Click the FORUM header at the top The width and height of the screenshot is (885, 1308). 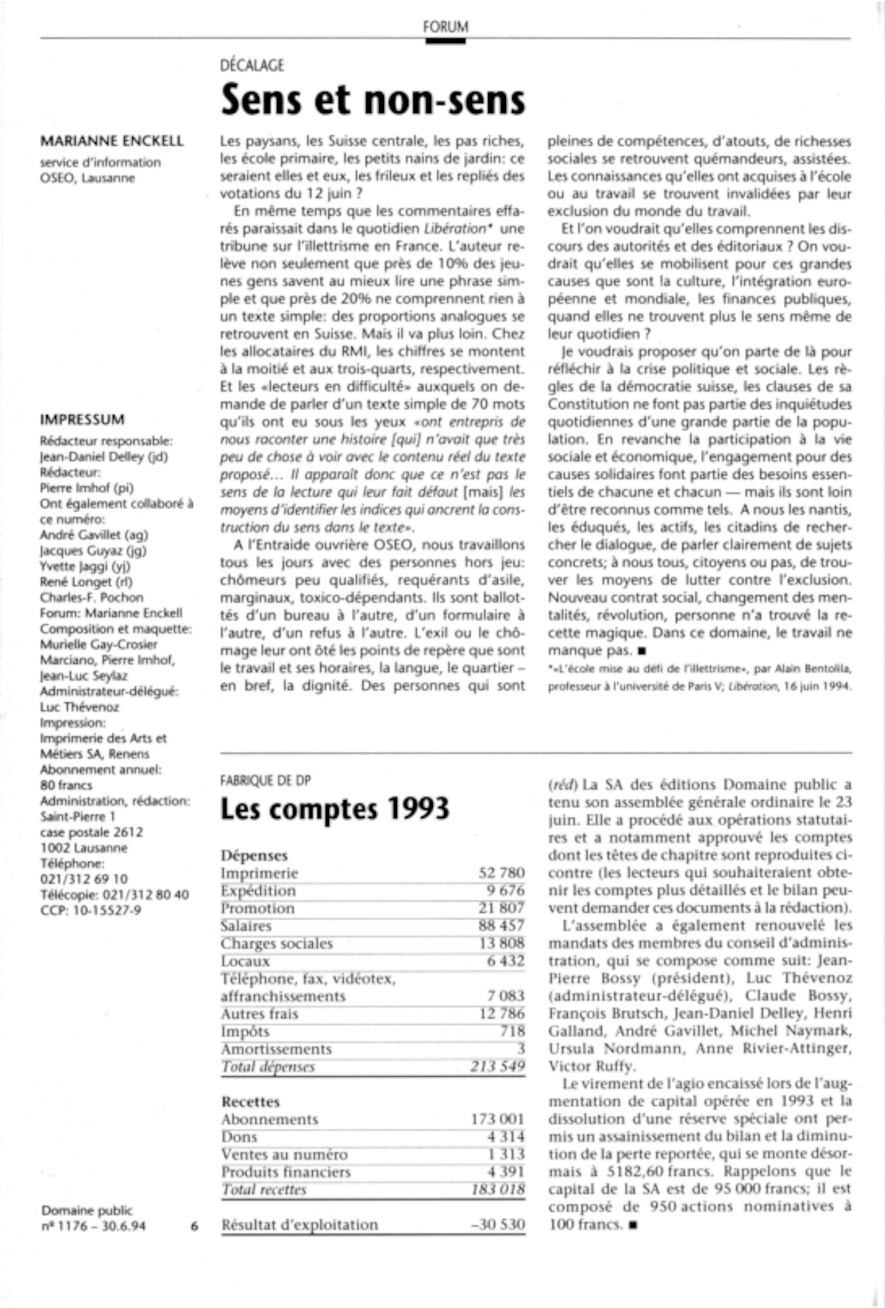tap(445, 27)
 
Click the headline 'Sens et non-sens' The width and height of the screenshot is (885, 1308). tap(373, 100)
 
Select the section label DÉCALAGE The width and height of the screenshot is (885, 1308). tap(252, 66)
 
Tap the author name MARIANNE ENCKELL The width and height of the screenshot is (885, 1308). tap(112, 141)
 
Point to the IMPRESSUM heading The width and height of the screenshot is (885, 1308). tap(82, 419)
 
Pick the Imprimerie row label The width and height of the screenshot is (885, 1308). tap(259, 873)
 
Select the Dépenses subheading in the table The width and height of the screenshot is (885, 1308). tap(254, 855)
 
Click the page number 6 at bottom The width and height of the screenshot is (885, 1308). tap(194, 1225)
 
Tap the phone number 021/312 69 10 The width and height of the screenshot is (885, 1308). tap(84, 878)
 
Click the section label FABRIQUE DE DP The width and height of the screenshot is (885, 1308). tap(265, 781)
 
